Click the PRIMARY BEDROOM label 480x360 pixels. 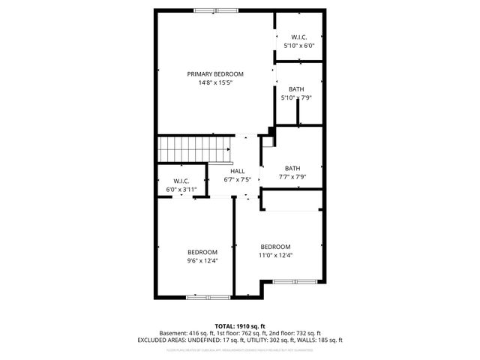point(215,73)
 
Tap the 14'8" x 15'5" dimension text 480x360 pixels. point(215,82)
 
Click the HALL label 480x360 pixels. point(237,171)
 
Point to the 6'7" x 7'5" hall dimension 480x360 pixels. point(237,180)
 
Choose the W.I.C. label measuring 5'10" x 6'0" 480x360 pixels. point(298,37)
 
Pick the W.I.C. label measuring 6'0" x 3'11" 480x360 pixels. point(181,181)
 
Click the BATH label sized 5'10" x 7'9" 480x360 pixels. point(295,88)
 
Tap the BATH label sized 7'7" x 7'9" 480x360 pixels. point(292,168)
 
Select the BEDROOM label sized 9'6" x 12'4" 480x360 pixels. point(202,251)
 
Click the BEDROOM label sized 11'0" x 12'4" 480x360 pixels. point(275,247)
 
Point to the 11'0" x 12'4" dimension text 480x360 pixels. point(275,256)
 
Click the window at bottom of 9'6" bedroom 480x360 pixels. point(208,298)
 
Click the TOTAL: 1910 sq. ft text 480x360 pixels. point(240,326)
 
